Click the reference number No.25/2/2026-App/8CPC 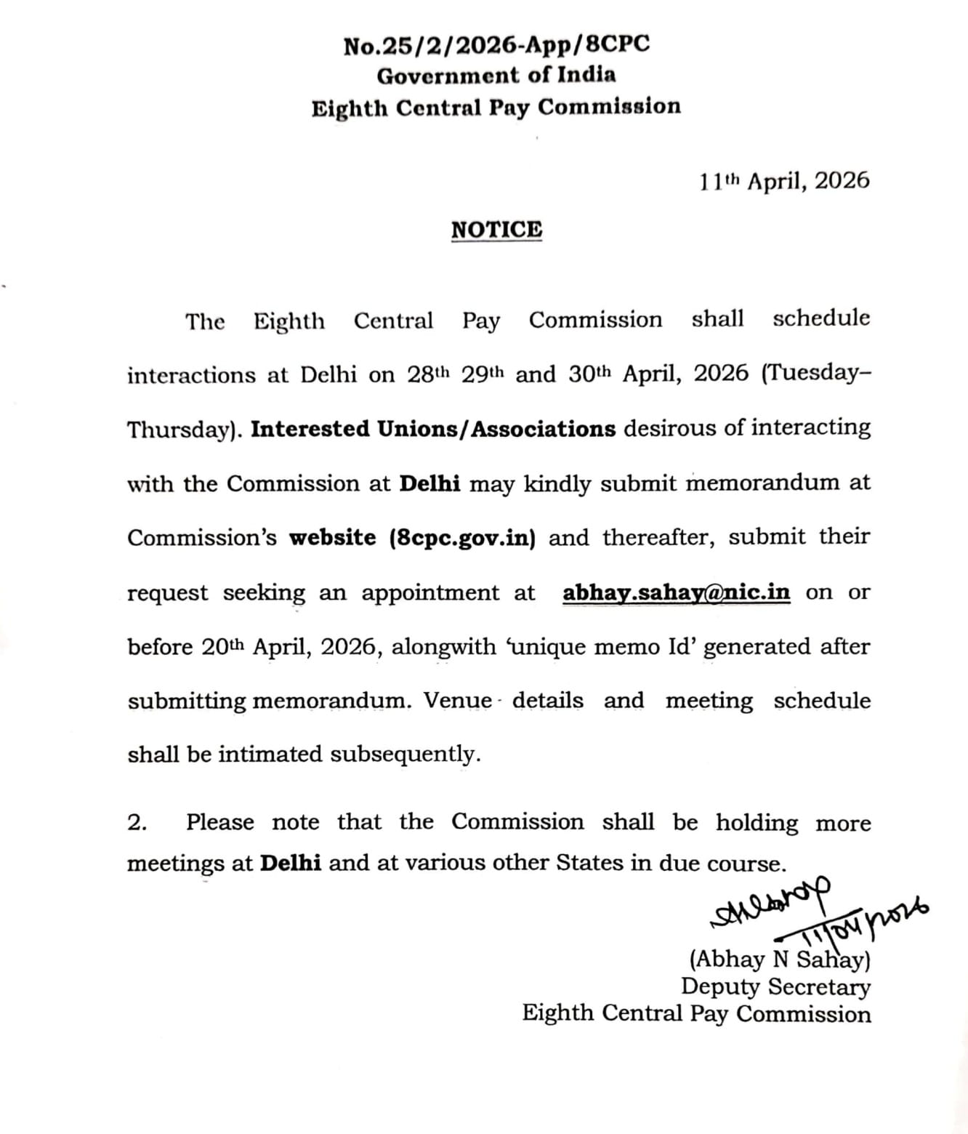496,46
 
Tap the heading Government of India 496,76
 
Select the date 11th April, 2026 784,181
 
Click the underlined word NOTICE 496,230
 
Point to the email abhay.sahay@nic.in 676,592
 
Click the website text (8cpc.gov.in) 463,539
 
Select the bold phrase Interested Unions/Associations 433,430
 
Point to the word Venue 458,701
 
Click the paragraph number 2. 137,822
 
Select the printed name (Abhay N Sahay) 779,960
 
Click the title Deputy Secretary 775,986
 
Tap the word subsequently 405,755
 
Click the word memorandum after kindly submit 762,483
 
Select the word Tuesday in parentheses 813,374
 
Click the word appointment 430,593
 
